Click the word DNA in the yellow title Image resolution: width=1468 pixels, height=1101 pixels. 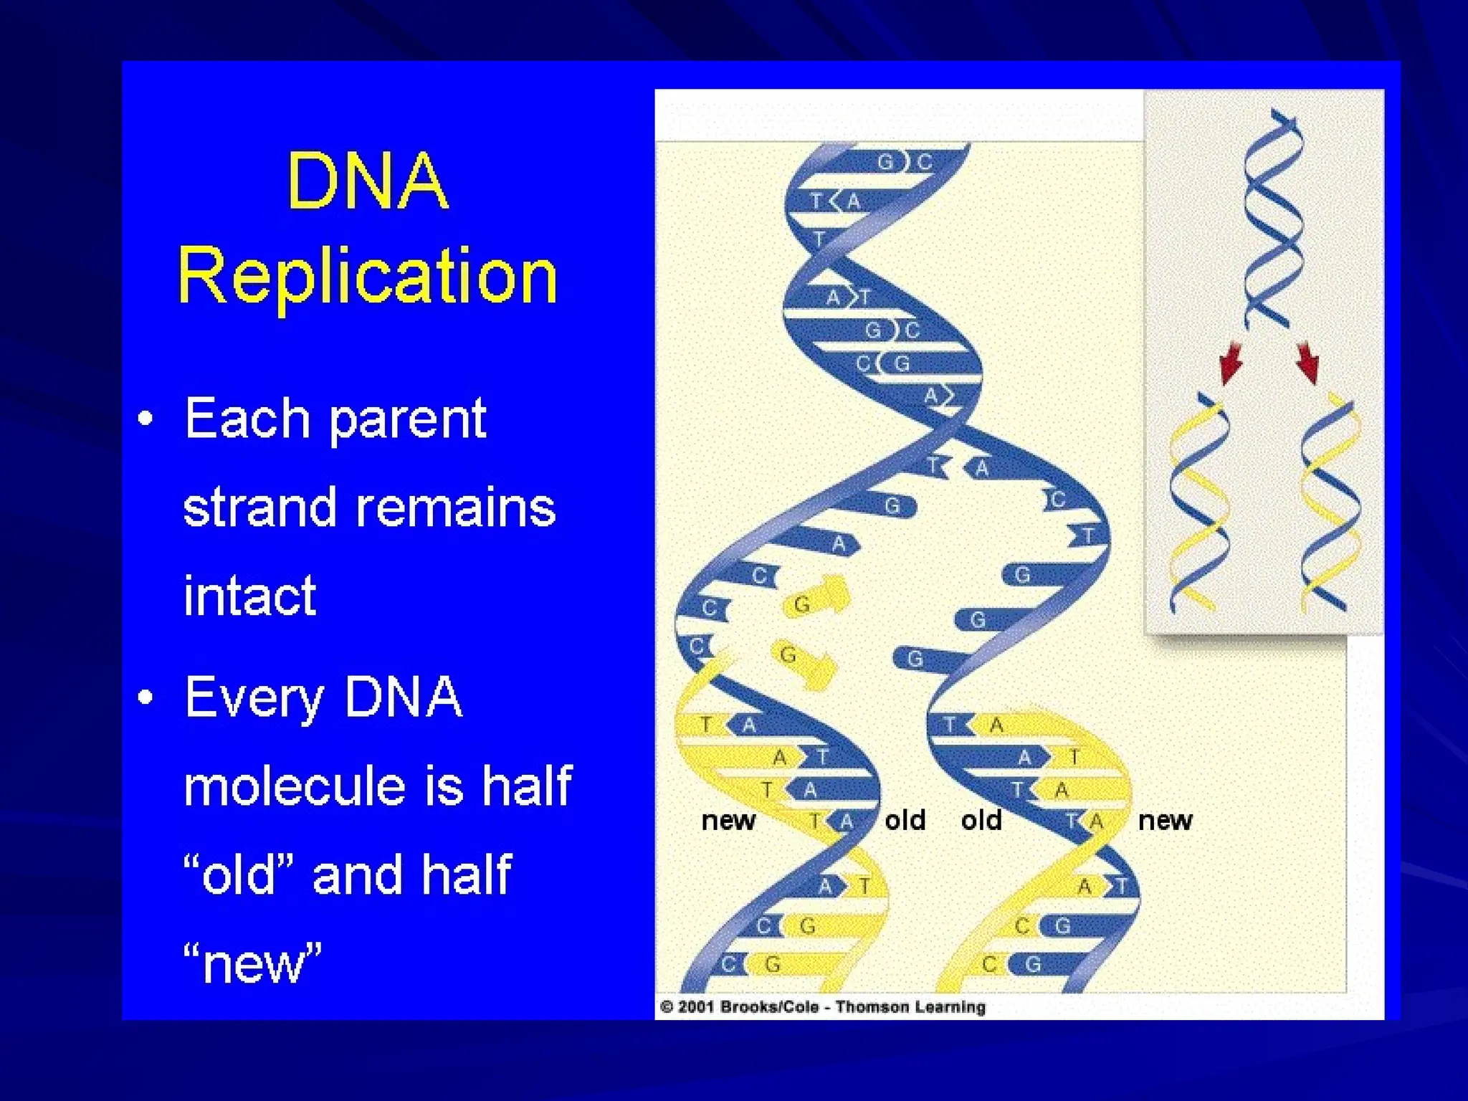[367, 181]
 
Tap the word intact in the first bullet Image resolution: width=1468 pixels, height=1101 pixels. [249, 596]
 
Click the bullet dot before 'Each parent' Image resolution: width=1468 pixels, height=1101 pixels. [146, 419]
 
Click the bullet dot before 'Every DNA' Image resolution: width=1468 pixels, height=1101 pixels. [146, 697]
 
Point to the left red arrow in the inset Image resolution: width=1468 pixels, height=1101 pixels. [1231, 362]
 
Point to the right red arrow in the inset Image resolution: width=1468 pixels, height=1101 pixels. [1307, 362]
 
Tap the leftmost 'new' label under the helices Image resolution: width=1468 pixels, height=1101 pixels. [728, 820]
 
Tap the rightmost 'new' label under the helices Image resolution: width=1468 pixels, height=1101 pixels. [1165, 820]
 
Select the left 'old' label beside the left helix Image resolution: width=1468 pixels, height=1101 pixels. [905, 820]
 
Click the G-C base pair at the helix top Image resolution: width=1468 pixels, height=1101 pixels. [905, 162]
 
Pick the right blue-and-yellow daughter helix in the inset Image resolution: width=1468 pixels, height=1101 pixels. [1330, 505]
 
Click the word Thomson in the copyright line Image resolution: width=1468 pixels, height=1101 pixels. [868, 1007]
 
